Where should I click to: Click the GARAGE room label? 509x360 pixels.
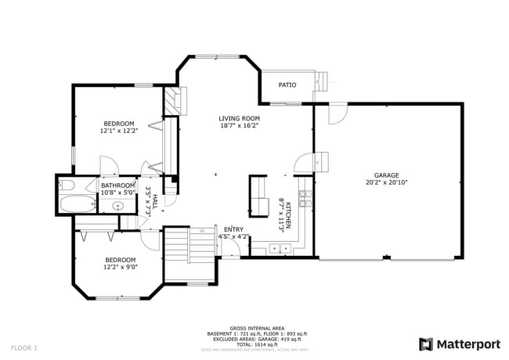(386, 175)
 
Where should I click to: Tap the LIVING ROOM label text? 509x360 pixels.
(239, 118)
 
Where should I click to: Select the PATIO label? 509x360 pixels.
(287, 85)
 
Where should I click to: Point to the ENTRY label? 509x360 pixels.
(233, 229)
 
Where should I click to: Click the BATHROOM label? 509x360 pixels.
(118, 185)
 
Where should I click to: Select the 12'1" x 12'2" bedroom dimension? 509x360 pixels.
(119, 131)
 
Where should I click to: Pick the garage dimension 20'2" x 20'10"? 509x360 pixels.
(386, 182)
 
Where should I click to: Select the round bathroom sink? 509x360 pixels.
(118, 207)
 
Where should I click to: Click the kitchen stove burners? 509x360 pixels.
(305, 199)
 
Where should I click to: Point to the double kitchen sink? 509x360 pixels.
(278, 249)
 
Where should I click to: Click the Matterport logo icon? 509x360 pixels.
(425, 344)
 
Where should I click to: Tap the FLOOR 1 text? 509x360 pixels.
(24, 347)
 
